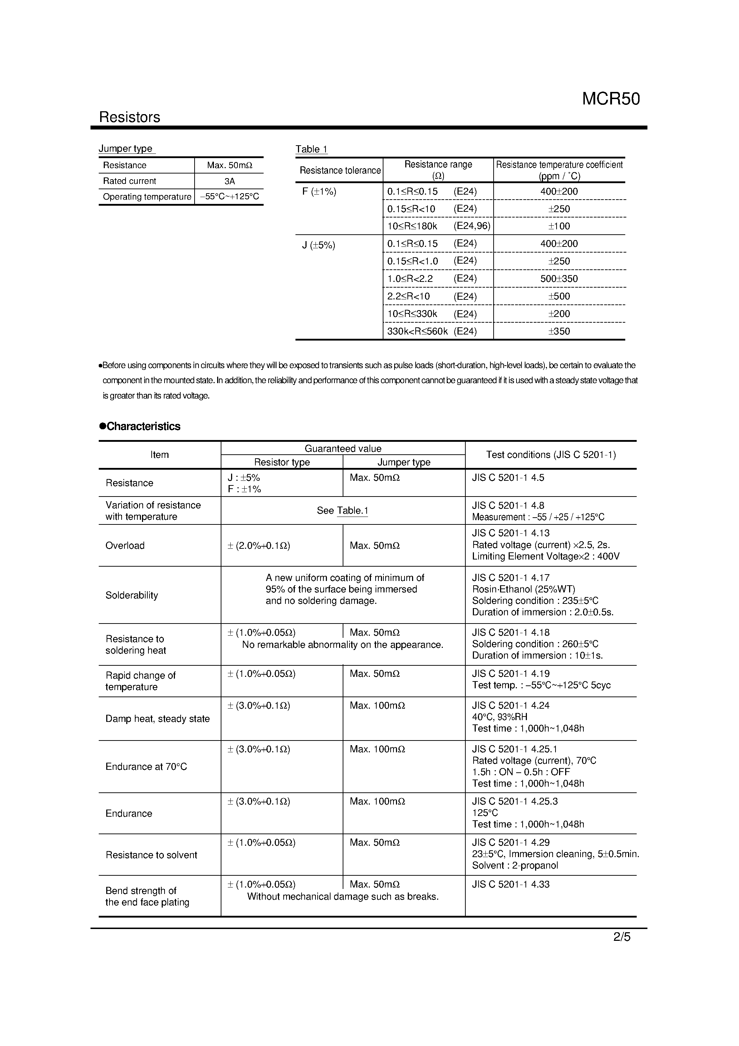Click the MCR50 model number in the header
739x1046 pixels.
[611, 99]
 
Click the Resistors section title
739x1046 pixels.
[129, 117]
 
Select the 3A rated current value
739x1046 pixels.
[229, 181]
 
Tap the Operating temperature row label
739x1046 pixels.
[147, 197]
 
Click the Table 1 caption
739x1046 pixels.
[311, 149]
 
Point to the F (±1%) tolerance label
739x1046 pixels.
[319, 192]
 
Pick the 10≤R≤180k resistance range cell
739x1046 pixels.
[412, 226]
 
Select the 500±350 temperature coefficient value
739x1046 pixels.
[559, 278]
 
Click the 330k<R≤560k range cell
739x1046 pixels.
[417, 331]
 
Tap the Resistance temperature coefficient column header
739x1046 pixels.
[559, 170]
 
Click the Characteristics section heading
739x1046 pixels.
[140, 426]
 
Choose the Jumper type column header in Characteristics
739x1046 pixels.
[404, 462]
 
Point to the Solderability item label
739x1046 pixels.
[132, 595]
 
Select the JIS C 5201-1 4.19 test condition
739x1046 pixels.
[511, 673]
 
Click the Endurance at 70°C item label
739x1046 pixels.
[146, 766]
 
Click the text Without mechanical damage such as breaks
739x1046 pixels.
[343, 896]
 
